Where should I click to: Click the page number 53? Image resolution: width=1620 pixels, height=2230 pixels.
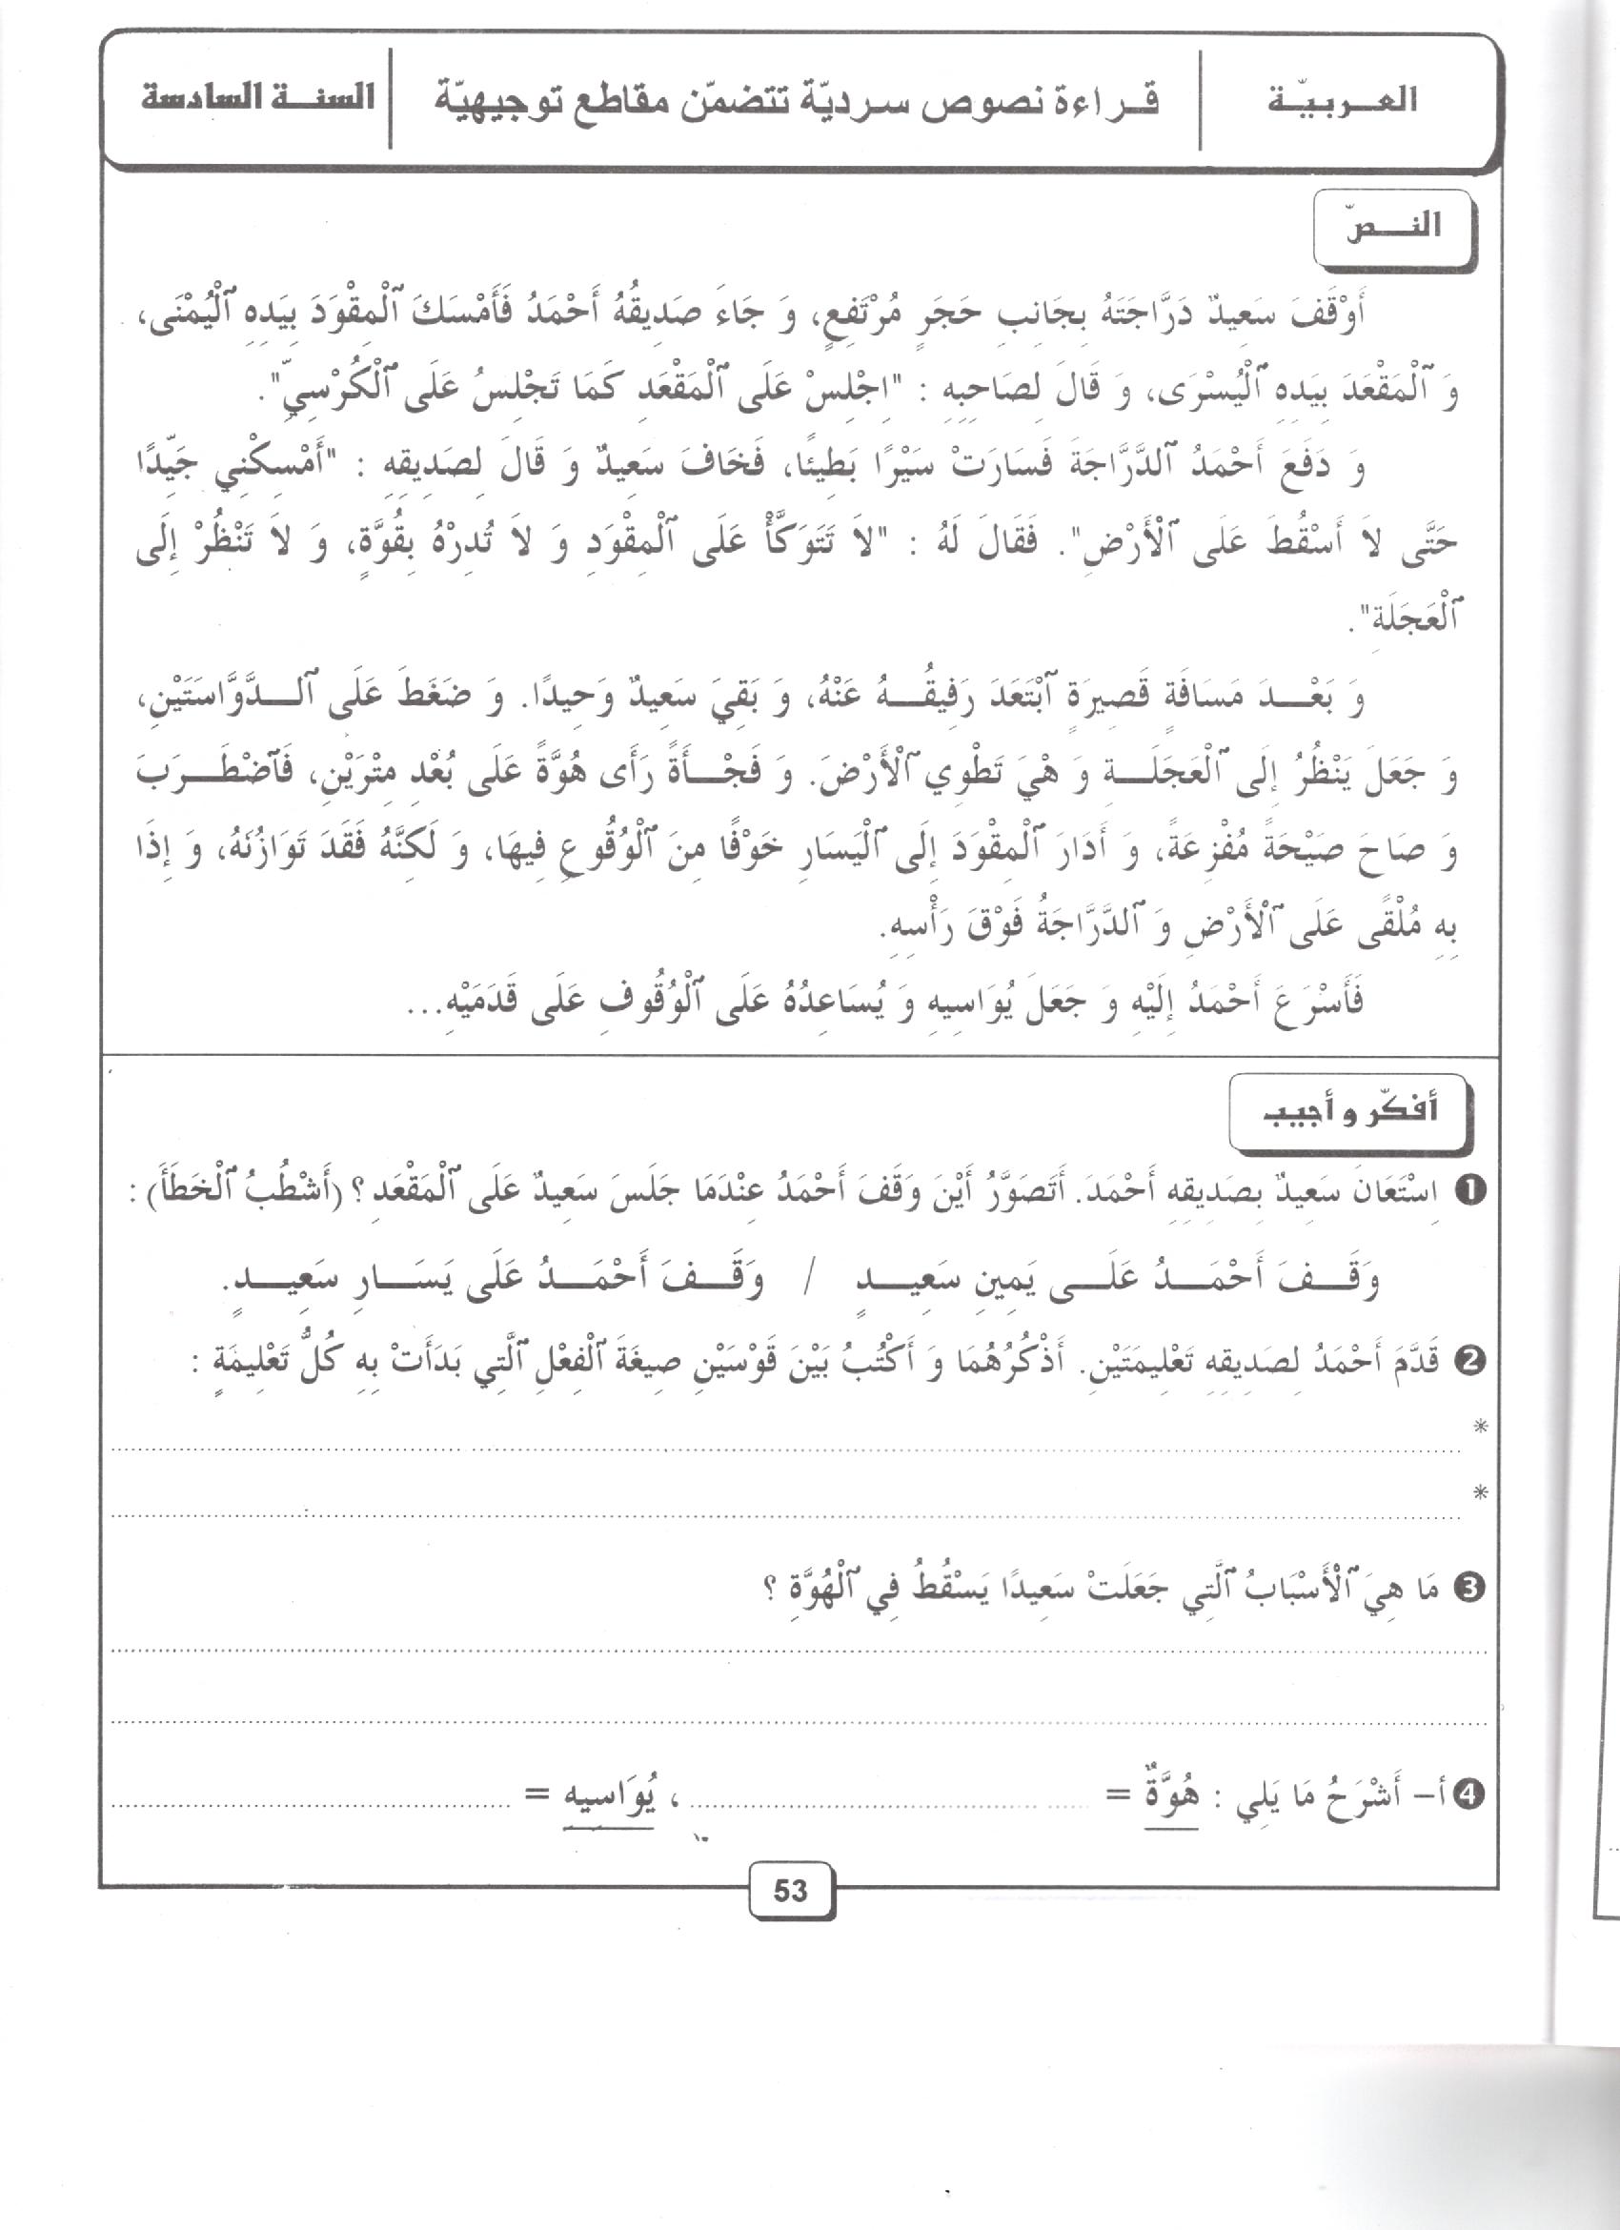tap(790, 1891)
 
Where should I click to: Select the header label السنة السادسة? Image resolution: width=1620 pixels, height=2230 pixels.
tap(256, 99)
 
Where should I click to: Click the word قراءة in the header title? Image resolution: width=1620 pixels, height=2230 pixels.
tap(1111, 99)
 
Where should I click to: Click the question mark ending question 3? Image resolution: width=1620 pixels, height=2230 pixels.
tap(770, 1591)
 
